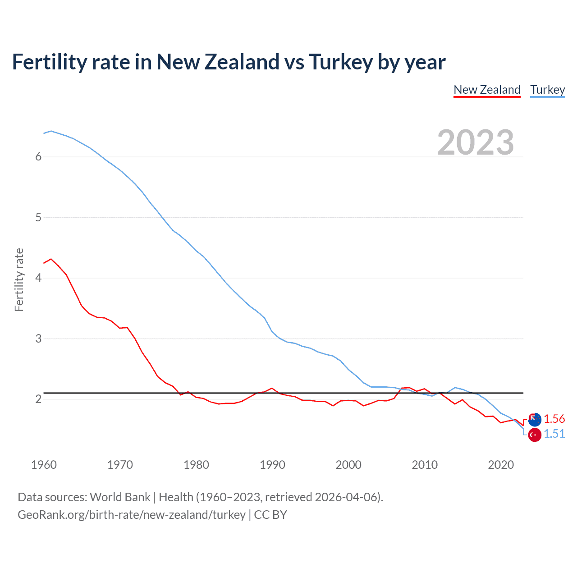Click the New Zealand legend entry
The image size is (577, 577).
pos(487,90)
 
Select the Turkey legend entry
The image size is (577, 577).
pos(547,90)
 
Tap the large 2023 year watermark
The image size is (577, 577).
pos(475,142)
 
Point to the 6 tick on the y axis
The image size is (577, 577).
pos(38,156)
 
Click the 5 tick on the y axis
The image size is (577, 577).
pos(38,217)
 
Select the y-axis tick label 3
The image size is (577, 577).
pos(38,339)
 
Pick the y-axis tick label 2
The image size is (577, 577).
pos(38,399)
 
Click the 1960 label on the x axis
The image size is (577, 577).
pos(44,465)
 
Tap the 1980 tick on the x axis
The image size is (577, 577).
pos(196,465)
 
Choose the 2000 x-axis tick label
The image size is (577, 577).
pos(348,465)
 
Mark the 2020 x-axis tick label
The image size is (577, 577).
pos(501,465)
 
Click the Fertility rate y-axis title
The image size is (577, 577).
pos(19,279)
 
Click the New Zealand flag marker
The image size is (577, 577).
pos(535,419)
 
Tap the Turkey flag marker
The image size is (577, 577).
pos(535,435)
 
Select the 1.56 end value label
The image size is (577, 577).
pos(554,419)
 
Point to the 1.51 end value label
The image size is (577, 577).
pos(554,434)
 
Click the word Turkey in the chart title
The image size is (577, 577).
pos(340,62)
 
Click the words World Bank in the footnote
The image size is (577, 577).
pos(120,497)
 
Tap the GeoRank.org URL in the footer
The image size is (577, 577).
pos(131,515)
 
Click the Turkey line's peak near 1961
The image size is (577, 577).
pos(51,131)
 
